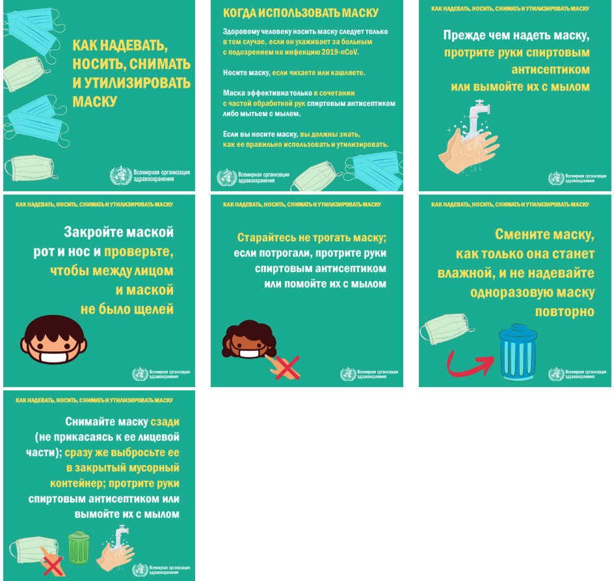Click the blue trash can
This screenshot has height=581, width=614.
(x=518, y=353)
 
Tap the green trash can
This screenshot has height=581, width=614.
(x=79, y=547)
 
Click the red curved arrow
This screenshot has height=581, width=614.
(x=470, y=364)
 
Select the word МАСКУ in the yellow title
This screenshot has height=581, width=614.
(x=95, y=101)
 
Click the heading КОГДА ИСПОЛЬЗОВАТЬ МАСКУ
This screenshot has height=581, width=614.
(x=300, y=13)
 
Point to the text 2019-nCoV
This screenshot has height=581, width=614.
(x=340, y=51)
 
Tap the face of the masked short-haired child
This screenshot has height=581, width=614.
(x=53, y=340)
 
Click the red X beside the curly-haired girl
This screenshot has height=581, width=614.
(x=287, y=368)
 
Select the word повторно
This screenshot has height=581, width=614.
(x=565, y=312)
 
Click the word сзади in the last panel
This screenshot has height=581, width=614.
(x=165, y=422)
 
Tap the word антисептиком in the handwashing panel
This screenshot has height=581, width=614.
(x=550, y=70)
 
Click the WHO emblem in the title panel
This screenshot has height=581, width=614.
(x=121, y=175)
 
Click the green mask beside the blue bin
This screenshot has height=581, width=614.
(x=446, y=329)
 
